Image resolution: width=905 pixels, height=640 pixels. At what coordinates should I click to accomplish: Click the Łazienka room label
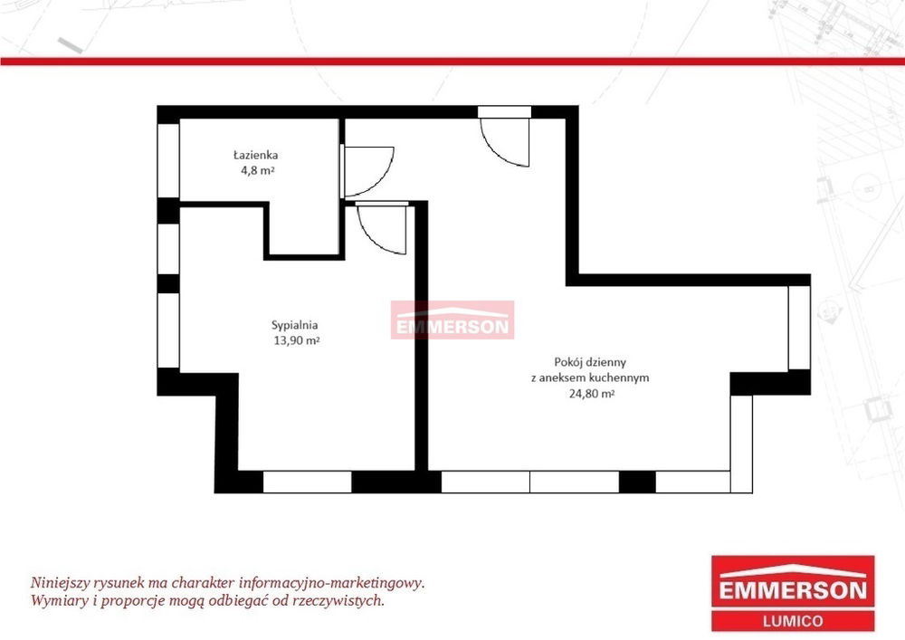pos(256,155)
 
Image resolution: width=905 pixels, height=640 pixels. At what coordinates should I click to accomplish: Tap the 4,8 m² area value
pos(257,170)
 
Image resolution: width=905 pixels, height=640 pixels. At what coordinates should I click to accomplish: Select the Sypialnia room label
pos(295,326)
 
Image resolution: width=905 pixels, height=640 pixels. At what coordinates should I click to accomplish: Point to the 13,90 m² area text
pos(296,340)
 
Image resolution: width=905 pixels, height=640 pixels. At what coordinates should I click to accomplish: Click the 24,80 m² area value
pos(590,394)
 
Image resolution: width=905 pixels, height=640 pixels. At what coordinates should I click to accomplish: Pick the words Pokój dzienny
pos(590,362)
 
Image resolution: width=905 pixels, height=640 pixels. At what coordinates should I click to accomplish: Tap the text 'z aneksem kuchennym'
pos(590,378)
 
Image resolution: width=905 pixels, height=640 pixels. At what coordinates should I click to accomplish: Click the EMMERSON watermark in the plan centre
pos(452,320)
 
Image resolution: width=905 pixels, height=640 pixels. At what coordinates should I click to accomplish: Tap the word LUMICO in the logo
pos(793,621)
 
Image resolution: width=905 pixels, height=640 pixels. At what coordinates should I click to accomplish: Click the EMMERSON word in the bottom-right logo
pos(793,590)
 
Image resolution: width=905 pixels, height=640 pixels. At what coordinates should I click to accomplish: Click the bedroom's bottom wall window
pos(307,482)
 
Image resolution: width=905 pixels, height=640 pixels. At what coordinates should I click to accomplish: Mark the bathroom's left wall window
pos(168,160)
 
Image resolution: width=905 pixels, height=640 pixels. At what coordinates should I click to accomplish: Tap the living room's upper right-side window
pos(799,327)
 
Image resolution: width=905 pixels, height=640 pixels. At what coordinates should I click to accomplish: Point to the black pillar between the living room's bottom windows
pos(637,482)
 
